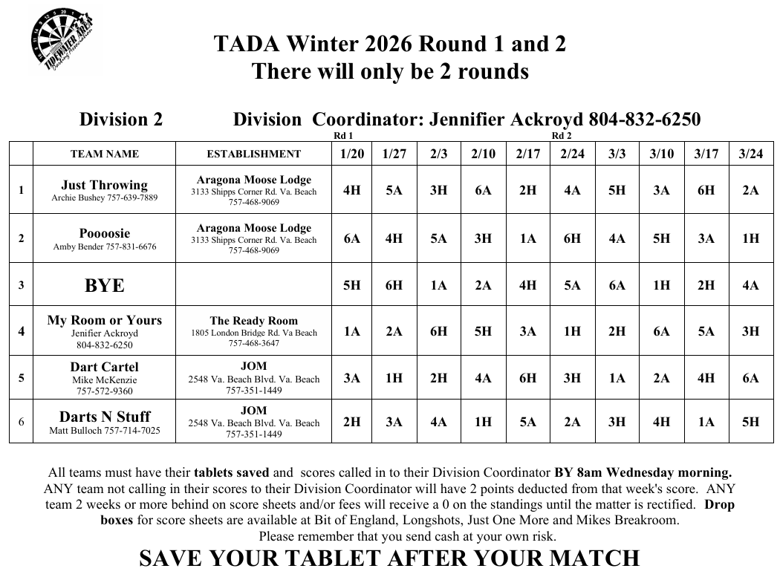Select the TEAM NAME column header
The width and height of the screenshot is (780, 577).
(x=104, y=154)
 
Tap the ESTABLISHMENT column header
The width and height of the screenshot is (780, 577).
(x=254, y=154)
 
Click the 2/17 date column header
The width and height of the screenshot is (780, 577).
(x=527, y=154)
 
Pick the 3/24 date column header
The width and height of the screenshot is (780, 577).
(x=750, y=154)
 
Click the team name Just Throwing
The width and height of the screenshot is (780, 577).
(x=104, y=185)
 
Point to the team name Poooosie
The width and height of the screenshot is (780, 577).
(x=104, y=233)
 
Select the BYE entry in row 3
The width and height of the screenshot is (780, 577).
(x=104, y=285)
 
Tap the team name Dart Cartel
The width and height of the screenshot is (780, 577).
(x=104, y=367)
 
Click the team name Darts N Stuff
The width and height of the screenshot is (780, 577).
(x=104, y=417)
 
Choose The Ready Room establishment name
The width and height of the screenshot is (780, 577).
(x=254, y=321)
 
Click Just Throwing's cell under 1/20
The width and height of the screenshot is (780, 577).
(x=352, y=190)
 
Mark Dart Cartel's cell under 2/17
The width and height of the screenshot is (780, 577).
(x=527, y=378)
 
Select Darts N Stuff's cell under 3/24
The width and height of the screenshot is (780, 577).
(x=750, y=422)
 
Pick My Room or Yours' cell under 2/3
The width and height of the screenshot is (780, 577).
(x=438, y=331)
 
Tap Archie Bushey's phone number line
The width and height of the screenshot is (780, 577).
(x=104, y=198)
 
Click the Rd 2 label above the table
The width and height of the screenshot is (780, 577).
(x=562, y=136)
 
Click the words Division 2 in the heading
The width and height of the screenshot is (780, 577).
(x=121, y=120)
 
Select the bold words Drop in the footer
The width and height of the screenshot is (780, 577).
(x=719, y=505)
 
